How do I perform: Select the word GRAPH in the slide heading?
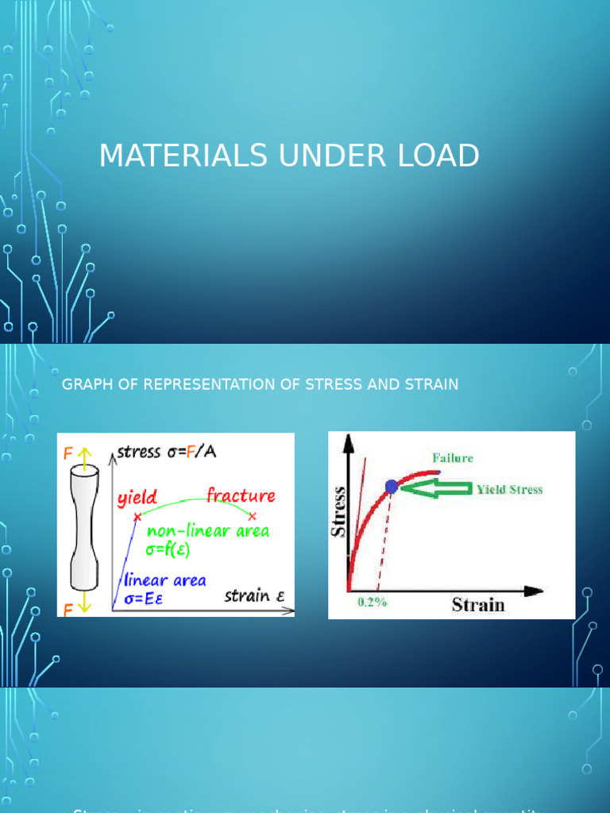pyautogui.click(x=85, y=384)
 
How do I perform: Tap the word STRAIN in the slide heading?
pyautogui.click(x=431, y=384)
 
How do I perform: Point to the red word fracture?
pyautogui.click(x=241, y=496)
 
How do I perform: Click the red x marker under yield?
pyautogui.click(x=137, y=517)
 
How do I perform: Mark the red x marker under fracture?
pyautogui.click(x=253, y=516)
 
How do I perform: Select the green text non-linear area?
pyautogui.click(x=209, y=530)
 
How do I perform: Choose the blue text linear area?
pyautogui.click(x=164, y=580)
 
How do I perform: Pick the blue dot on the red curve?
pyautogui.click(x=391, y=487)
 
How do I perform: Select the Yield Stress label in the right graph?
pyautogui.click(x=509, y=489)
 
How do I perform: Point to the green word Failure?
pyautogui.click(x=453, y=457)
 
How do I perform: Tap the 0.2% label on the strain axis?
pyautogui.click(x=372, y=602)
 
